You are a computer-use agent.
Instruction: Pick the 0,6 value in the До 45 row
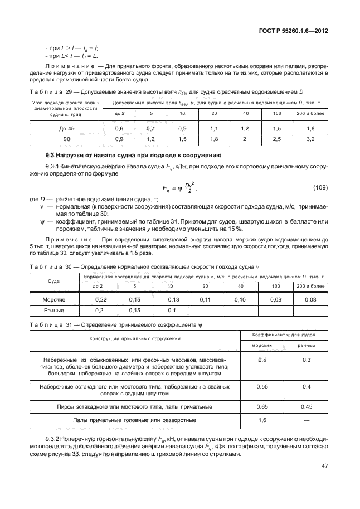click(x=119, y=128)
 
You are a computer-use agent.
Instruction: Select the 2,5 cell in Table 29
click(x=276, y=138)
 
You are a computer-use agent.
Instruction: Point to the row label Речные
click(x=55, y=310)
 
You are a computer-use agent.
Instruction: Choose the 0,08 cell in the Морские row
click(x=311, y=300)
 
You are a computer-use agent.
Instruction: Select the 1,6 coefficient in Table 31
click(x=261, y=419)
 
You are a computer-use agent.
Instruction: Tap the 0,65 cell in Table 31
click(x=261, y=406)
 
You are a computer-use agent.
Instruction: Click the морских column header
click(x=261, y=345)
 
